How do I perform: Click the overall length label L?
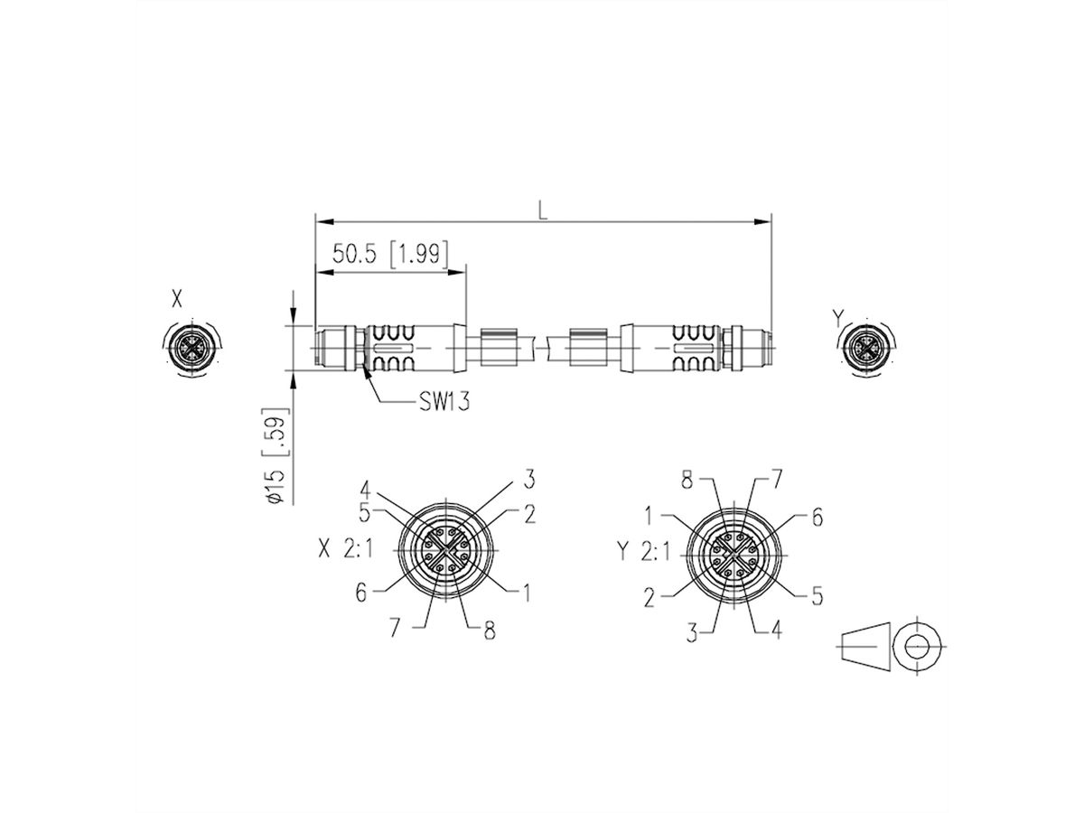click(x=542, y=210)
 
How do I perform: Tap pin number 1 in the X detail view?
click(x=523, y=593)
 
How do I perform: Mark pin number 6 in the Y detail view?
click(x=817, y=517)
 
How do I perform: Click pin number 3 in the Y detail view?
click(x=691, y=634)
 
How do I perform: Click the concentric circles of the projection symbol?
click(x=918, y=647)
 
